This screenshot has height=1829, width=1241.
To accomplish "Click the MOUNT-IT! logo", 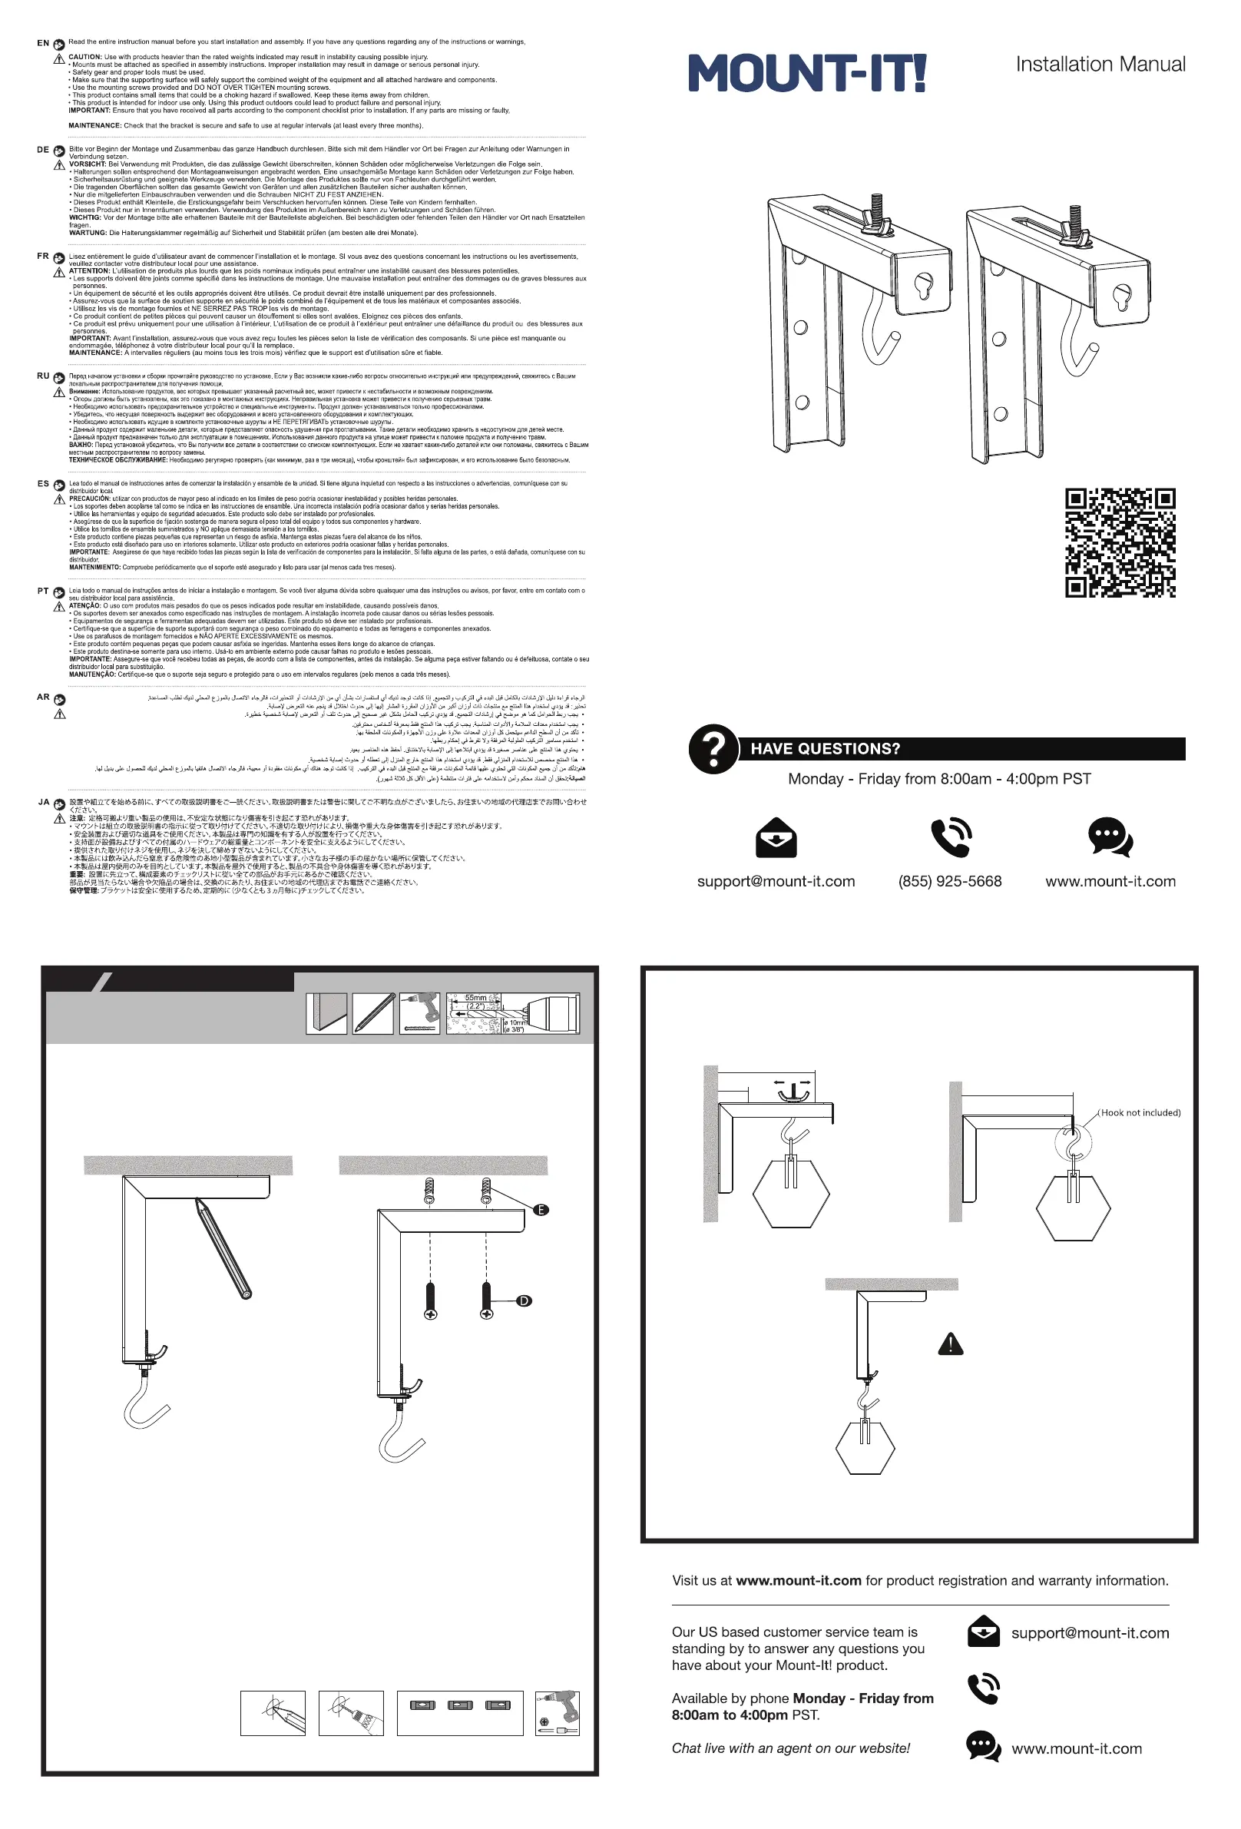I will pyautogui.click(x=806, y=73).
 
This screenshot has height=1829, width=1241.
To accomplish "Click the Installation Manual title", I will pyautogui.click(x=1100, y=65).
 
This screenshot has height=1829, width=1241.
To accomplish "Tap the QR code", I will pyautogui.click(x=1120, y=542).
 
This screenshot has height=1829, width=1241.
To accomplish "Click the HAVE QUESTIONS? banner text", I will pyautogui.click(x=825, y=748).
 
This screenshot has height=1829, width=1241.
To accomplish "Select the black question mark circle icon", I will pyautogui.click(x=713, y=748).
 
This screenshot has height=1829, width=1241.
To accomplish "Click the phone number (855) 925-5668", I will pyautogui.click(x=950, y=881).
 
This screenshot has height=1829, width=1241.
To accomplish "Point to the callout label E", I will pyautogui.click(x=541, y=1210).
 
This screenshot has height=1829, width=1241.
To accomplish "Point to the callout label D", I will pyautogui.click(x=524, y=1301).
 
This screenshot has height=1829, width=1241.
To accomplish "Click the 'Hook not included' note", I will pyautogui.click(x=1140, y=1113).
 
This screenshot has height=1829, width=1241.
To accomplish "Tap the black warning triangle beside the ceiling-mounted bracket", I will pyautogui.click(x=951, y=1344).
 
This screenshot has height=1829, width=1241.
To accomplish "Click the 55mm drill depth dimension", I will pyautogui.click(x=475, y=998).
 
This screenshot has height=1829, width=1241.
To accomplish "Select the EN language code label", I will pyautogui.click(x=43, y=43).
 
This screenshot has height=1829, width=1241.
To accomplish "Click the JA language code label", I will pyautogui.click(x=44, y=802).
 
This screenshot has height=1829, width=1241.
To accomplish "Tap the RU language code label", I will pyautogui.click(x=43, y=376).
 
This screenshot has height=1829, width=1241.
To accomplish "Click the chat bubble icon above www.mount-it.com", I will pyautogui.click(x=1110, y=837).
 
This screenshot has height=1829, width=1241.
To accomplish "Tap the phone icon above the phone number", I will pyautogui.click(x=951, y=837).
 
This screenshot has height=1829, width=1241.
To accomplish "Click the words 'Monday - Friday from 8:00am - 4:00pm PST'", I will pyautogui.click(x=940, y=779).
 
